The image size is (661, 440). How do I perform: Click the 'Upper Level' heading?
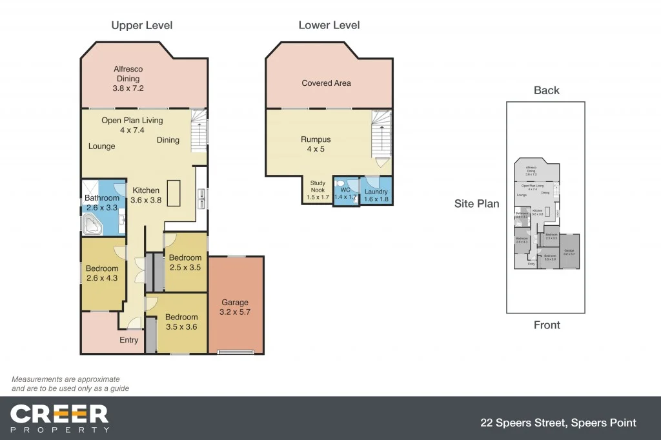tap(141, 26)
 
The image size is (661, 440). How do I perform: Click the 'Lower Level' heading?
tap(329, 26)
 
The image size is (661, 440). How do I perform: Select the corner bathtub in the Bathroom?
tap(91, 225)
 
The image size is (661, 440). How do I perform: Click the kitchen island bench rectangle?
tap(173, 193)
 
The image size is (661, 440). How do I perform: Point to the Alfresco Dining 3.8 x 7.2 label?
tap(128, 79)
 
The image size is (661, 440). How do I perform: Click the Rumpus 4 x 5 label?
tap(316, 144)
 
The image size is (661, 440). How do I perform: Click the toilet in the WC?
tap(340, 183)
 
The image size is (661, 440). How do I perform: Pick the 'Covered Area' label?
tap(326, 83)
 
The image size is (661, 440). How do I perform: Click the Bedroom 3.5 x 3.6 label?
tap(181, 321)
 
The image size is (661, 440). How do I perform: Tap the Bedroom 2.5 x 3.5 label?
tap(185, 262)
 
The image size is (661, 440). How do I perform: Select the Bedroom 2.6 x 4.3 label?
tap(102, 274)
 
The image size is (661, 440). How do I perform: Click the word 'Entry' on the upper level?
tap(128, 340)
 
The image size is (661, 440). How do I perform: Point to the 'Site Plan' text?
tap(476, 204)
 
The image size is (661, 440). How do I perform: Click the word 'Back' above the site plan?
tap(546, 90)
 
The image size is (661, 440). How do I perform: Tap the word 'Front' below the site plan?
tap(546, 325)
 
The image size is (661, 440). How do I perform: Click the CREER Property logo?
tap(59, 418)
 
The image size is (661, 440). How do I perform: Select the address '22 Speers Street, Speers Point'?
tap(558, 423)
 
